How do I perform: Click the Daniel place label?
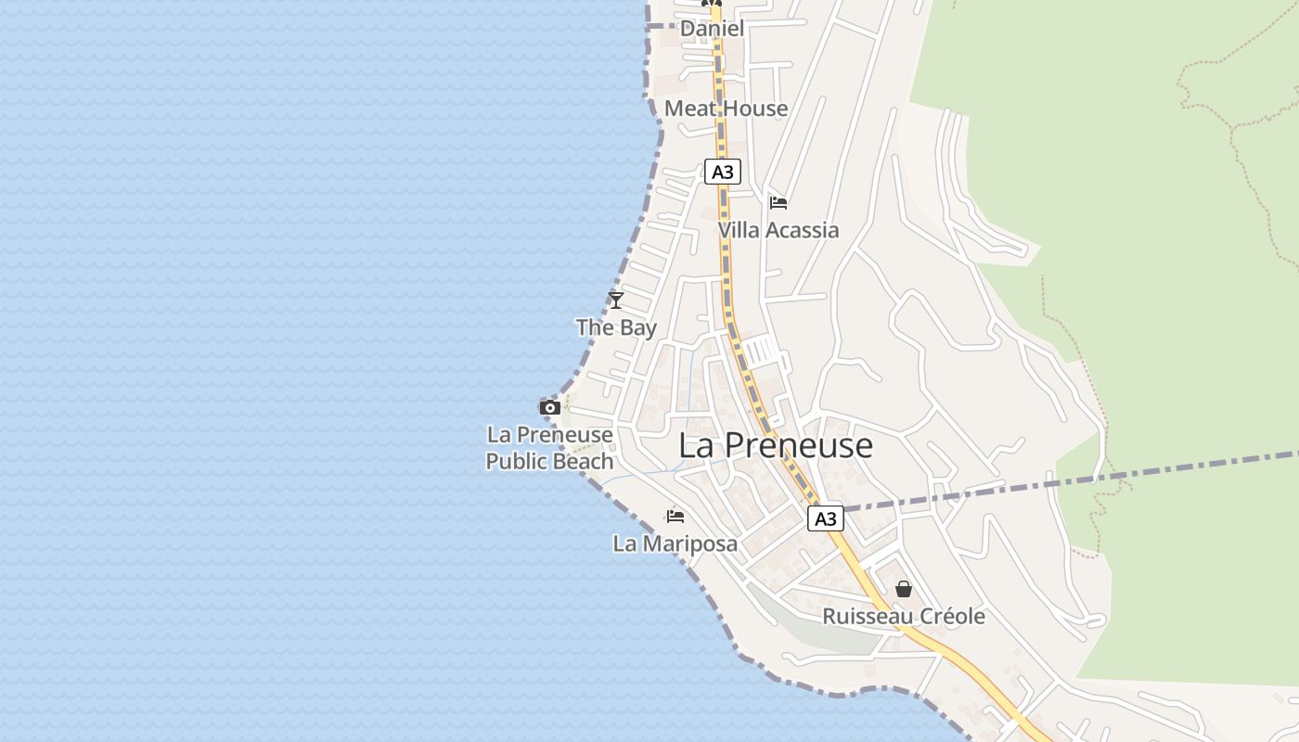click(712, 29)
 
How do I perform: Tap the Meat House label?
click(726, 109)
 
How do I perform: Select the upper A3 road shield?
click(723, 172)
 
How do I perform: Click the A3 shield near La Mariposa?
click(825, 518)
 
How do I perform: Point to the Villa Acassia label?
click(778, 230)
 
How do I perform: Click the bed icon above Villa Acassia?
click(778, 202)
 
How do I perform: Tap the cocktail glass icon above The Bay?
click(615, 300)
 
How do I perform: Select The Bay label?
click(616, 327)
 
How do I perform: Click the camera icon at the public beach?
click(550, 407)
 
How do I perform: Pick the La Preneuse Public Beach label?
click(549, 448)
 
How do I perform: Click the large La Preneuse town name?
click(776, 445)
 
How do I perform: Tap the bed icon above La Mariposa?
click(675, 516)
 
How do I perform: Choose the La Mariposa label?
click(675, 544)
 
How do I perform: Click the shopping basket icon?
click(904, 589)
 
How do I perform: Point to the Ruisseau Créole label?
click(904, 617)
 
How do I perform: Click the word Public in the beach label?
click(517, 461)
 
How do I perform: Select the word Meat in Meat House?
click(691, 109)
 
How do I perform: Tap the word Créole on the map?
click(950, 617)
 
